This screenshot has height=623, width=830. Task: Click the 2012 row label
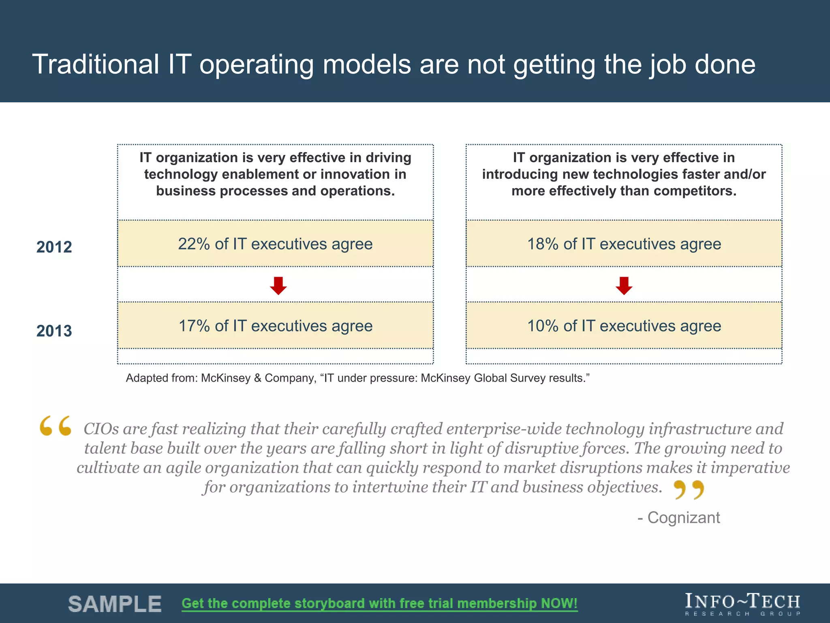[54, 247]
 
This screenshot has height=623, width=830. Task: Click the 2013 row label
[54, 331]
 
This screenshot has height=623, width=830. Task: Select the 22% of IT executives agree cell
[275, 244]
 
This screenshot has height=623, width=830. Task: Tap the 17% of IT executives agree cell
[275, 326]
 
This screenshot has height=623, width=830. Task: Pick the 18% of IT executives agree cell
[624, 244]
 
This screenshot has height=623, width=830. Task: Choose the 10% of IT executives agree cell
[624, 326]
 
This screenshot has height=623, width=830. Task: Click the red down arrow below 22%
[278, 286]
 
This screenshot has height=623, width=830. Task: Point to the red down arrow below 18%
[624, 286]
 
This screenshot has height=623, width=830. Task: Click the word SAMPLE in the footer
[115, 604]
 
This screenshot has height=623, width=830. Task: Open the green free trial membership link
[379, 604]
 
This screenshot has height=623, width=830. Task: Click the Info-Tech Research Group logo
[742, 604]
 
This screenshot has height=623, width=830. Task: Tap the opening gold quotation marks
[56, 426]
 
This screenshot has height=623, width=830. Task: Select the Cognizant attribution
[679, 518]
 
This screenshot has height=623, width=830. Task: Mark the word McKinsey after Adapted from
[226, 378]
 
